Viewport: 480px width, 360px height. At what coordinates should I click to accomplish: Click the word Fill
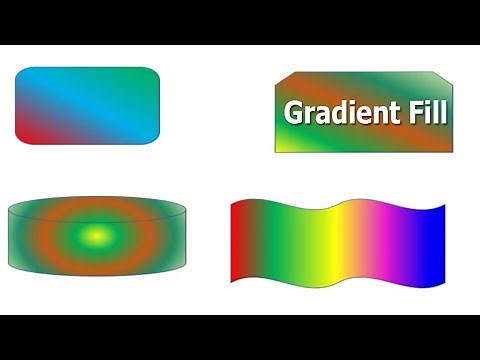pos(421,112)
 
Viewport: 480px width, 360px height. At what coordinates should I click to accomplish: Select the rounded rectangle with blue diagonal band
pos(87,104)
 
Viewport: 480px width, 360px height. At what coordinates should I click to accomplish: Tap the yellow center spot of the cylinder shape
pos(96,236)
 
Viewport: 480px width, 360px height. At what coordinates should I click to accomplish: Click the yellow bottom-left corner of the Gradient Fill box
pos(282,146)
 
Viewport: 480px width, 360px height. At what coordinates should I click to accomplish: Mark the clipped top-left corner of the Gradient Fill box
pos(282,80)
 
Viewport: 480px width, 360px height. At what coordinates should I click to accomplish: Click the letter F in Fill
pos(406,112)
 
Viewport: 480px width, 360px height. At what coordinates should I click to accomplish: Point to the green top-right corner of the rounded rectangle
pos(150,76)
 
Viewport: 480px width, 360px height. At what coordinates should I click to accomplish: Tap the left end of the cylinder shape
pos(14,236)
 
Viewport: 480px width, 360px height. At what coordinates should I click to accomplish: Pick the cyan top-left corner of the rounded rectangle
pos(25,76)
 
